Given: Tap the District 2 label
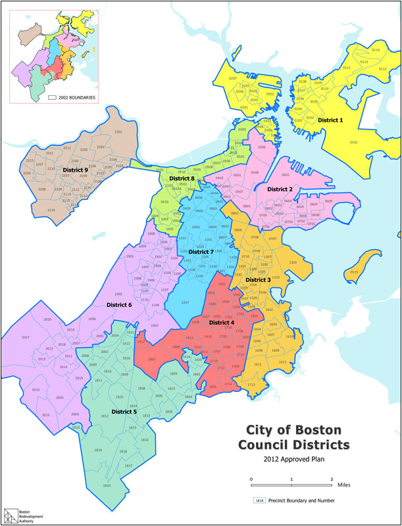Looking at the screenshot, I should tap(280, 189).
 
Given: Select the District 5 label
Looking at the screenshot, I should tap(125, 412).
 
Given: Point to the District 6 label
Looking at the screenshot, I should tap(119, 304).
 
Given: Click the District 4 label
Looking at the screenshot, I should tap(222, 322).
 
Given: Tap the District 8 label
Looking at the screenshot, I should tap(182, 178).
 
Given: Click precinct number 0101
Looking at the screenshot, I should tap(354, 142).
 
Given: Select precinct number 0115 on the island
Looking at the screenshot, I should tap(355, 272).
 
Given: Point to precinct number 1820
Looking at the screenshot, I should tap(107, 485).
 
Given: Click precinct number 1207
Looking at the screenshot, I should tap(186, 302).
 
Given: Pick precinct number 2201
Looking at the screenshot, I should tap(118, 133).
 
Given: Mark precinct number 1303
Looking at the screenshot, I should tap(293, 262).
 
